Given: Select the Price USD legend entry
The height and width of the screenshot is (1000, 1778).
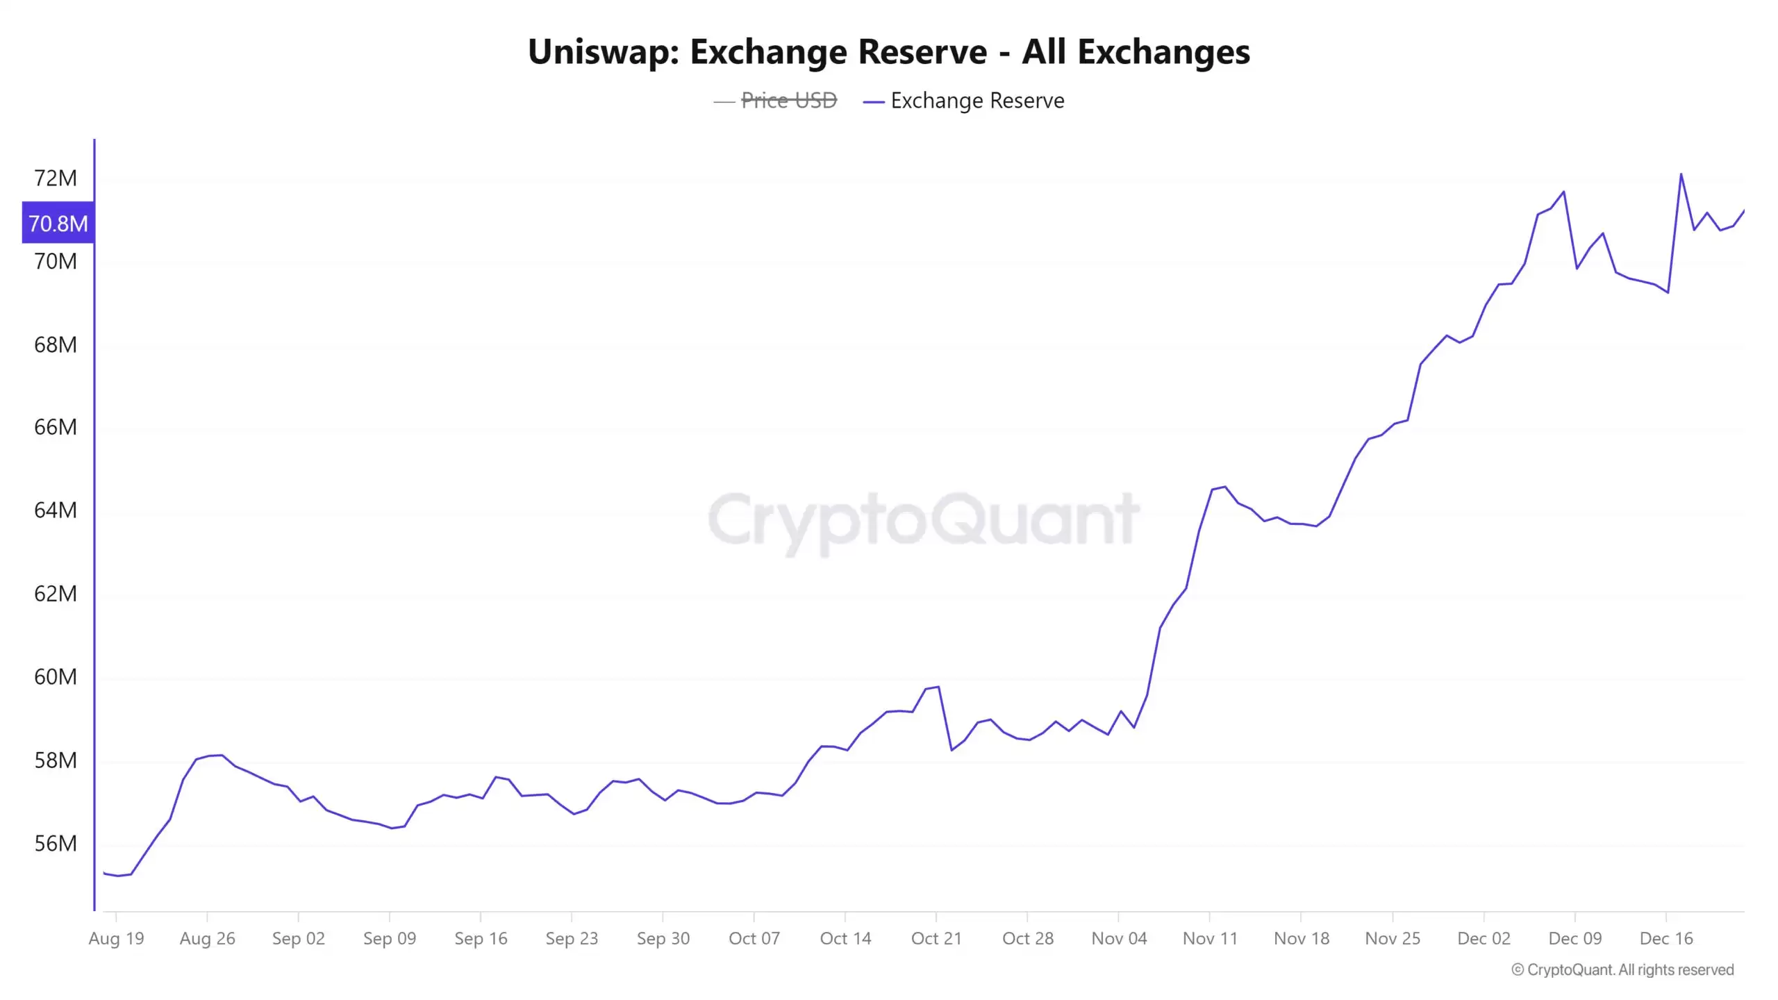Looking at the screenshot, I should [788, 101].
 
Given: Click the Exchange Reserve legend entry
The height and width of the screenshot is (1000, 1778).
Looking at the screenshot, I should [977, 101].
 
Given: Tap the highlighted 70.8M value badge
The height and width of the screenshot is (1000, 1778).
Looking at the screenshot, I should [58, 223].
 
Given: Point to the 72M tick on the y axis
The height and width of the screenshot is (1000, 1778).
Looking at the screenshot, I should [56, 178].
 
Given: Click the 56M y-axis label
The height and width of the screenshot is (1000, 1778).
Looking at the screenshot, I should [56, 843].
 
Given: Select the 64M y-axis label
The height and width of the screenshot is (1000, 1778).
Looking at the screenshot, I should [56, 510].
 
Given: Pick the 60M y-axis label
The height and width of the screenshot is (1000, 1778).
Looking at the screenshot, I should [56, 676].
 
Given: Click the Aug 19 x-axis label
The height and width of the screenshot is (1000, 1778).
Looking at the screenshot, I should [116, 938].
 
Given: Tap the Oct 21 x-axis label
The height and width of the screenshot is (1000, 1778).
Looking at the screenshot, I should [936, 938].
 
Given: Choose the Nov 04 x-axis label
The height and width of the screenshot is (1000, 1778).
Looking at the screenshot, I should [1119, 938].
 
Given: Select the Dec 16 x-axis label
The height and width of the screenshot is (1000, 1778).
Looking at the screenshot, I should [1666, 938].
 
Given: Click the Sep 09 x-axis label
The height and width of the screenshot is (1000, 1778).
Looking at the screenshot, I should [390, 938].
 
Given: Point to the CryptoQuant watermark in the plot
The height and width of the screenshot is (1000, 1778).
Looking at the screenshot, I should [923, 519].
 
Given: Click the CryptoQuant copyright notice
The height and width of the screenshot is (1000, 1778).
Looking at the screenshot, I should [1622, 969].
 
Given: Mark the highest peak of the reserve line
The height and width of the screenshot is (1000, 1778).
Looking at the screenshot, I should [1681, 174].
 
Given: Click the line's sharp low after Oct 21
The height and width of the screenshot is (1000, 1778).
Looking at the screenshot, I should [952, 750].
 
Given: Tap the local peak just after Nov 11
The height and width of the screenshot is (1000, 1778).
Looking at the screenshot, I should [1224, 487].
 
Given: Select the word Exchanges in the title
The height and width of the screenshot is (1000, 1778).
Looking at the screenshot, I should [1163, 52].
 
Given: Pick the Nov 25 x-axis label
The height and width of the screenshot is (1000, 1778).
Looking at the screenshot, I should [1393, 938].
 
